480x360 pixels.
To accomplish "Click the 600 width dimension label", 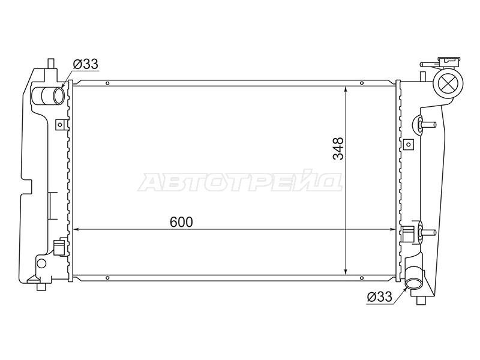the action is coord(181,222).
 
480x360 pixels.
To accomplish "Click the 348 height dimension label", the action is coord(338,149).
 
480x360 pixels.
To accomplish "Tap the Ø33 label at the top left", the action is coord(85,64).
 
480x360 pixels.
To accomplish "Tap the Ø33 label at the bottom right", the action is coord(379,296).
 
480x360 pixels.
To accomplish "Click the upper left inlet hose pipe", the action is coord(50,95).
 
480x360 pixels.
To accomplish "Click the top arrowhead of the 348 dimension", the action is coord(346,89).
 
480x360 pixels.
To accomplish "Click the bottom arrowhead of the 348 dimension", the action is coord(346,271).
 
